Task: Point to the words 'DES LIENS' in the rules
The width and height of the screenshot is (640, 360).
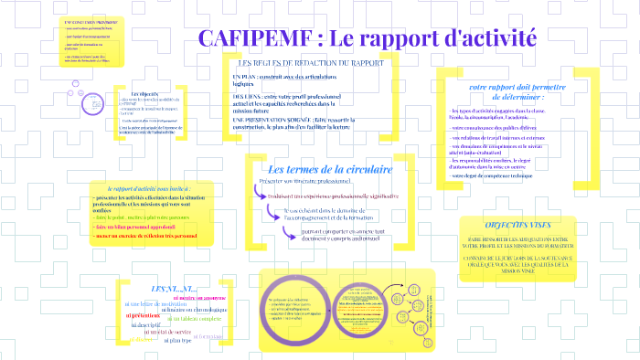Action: point(248,96)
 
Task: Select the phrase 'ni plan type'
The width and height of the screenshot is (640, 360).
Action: point(176,340)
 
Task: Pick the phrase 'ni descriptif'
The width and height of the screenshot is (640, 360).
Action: point(146,324)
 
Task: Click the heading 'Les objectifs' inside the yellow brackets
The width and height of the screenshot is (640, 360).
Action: point(144,94)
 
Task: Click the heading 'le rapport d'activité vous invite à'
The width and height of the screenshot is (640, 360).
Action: point(146,186)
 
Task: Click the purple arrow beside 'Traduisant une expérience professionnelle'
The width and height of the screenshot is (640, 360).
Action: point(252,196)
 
